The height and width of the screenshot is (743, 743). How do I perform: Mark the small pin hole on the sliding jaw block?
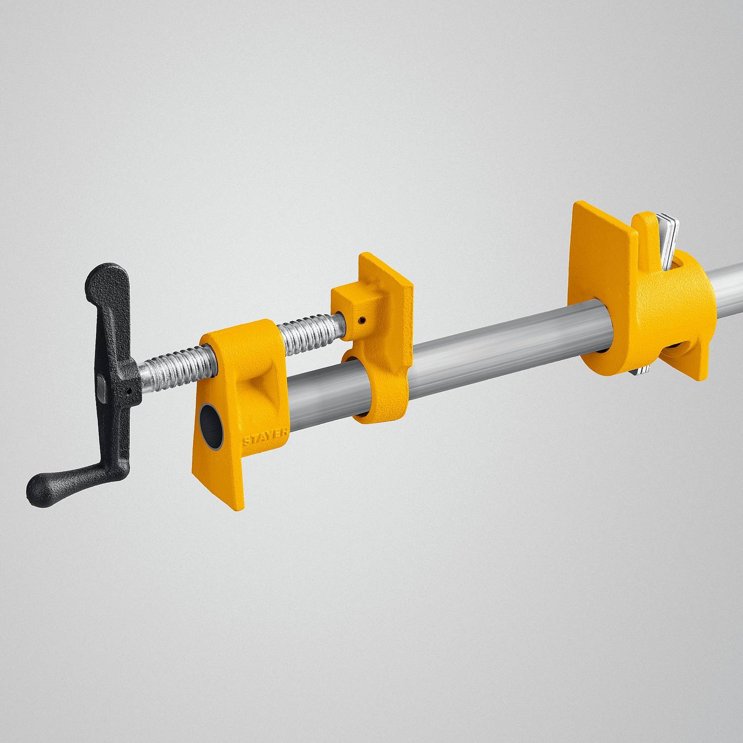click(364, 320)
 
